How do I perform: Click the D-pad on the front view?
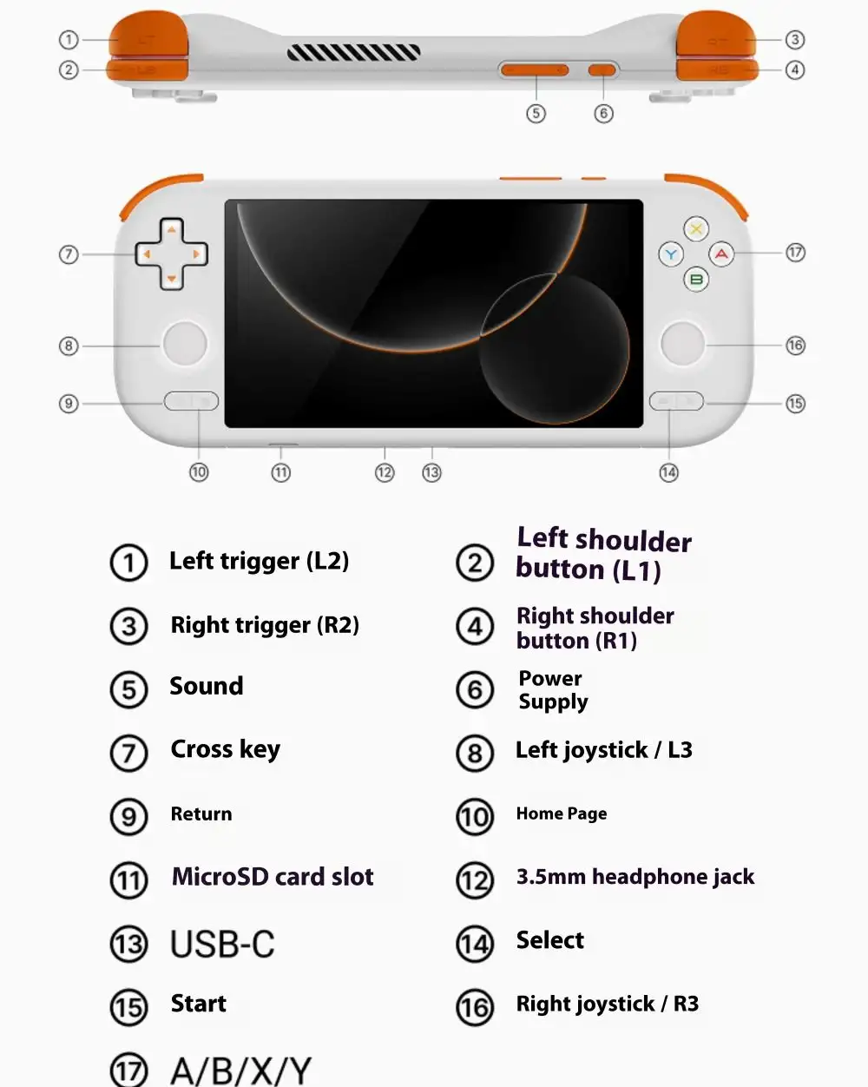coord(171,254)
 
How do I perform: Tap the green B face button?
coord(696,280)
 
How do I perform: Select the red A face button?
coord(721,254)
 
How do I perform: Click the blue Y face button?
coord(671,254)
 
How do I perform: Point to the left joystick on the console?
coord(184,344)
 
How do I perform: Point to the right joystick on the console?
coord(683,344)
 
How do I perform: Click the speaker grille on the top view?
coord(353,53)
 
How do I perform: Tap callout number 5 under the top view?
coord(536,113)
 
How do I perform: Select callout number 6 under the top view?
coord(603,113)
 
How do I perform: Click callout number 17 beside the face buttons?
coord(795,253)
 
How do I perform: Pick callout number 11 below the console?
coord(280,472)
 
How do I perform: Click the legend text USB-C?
coord(222,944)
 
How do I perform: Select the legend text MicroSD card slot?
coord(273,877)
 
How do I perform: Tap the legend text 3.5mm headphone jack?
coord(635,877)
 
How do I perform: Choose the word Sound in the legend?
coord(206,686)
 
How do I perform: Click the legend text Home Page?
coord(561,814)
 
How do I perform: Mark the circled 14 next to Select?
coord(475,944)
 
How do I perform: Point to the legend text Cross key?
coord(225,749)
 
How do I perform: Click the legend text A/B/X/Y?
coord(240,1071)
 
